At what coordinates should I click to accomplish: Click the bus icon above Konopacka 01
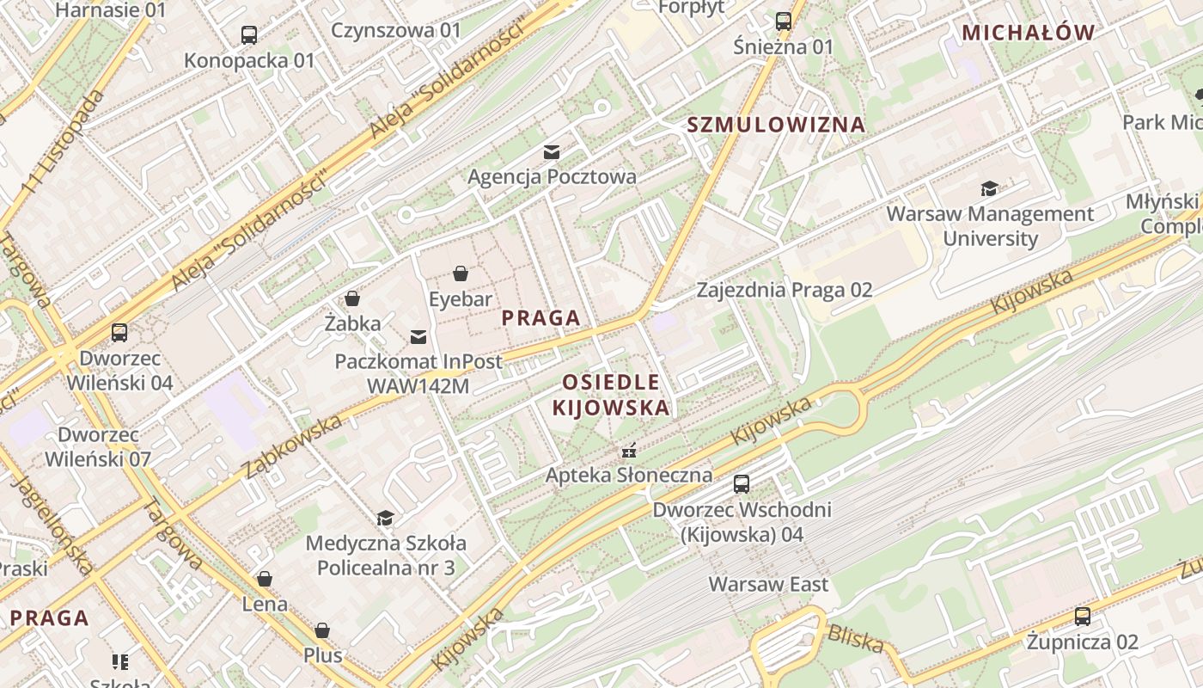(x=249, y=35)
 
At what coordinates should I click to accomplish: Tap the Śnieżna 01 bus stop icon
(x=784, y=21)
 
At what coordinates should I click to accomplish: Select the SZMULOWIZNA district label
(x=776, y=125)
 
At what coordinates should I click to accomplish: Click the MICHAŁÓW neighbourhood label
(x=1029, y=34)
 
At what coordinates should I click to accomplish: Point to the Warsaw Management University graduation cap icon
(x=990, y=188)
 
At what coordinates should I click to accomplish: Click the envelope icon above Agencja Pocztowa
(x=552, y=152)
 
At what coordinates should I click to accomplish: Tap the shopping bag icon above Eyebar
(x=461, y=274)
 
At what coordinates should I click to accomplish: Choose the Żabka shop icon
(x=352, y=299)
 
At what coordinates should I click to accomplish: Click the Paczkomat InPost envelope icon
(x=418, y=336)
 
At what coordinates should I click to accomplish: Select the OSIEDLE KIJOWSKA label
(x=611, y=395)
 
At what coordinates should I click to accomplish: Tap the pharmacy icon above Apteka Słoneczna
(x=629, y=450)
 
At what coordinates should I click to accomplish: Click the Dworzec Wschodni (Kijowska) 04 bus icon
(x=742, y=484)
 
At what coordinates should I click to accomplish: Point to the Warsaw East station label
(x=768, y=585)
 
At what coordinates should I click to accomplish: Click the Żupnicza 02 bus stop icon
(x=1083, y=617)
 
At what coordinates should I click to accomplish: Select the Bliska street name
(x=855, y=639)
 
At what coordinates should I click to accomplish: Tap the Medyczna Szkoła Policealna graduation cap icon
(x=386, y=518)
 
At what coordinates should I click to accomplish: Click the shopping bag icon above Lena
(x=265, y=579)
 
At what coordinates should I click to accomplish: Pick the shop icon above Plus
(x=322, y=631)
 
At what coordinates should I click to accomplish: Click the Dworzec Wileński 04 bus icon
(x=119, y=333)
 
